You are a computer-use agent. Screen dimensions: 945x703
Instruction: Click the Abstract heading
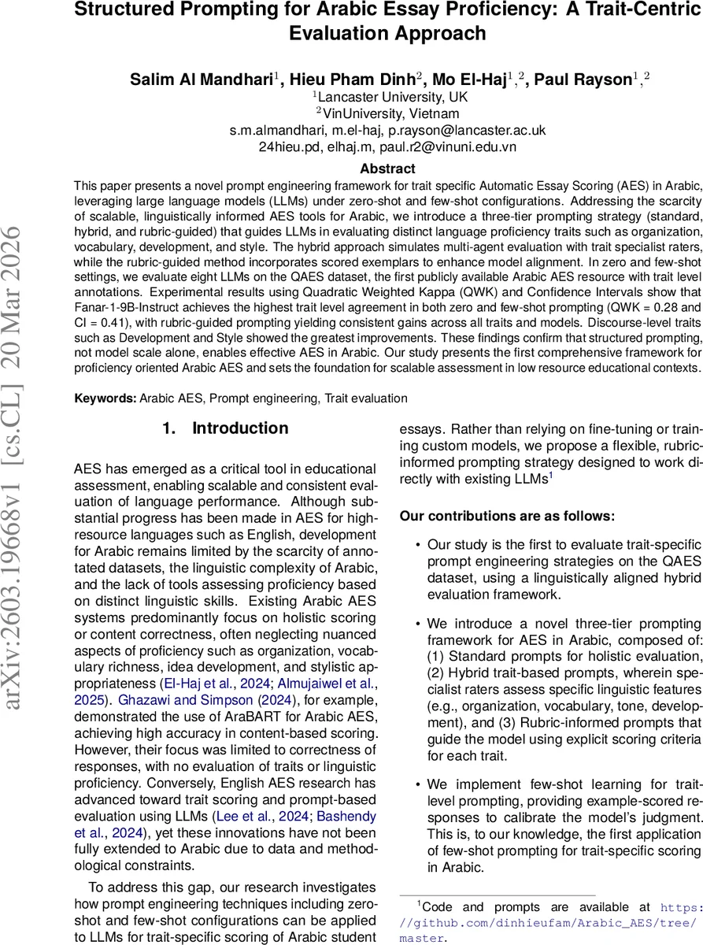(387, 169)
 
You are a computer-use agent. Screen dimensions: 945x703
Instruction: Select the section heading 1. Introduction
(225, 428)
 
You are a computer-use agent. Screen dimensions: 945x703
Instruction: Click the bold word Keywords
(105, 398)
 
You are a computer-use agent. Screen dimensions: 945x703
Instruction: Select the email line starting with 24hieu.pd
(387, 146)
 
